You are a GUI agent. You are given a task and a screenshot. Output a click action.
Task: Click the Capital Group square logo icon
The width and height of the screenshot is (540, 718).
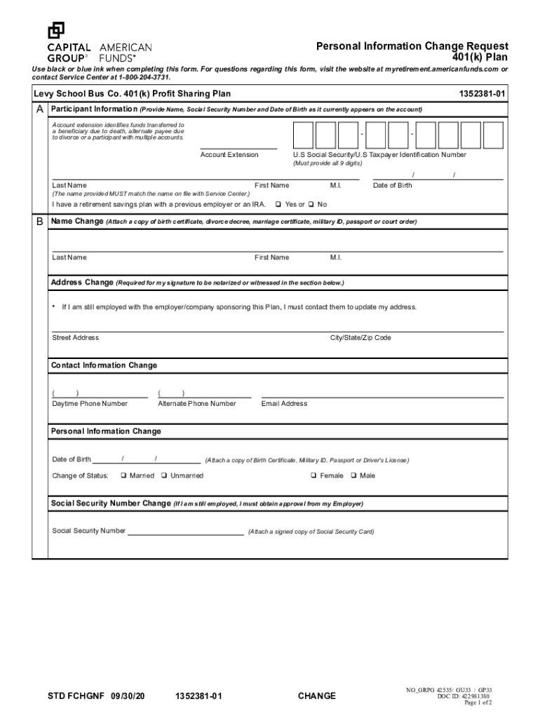(56, 30)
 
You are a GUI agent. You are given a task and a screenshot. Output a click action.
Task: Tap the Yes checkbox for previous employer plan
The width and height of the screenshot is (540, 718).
(278, 205)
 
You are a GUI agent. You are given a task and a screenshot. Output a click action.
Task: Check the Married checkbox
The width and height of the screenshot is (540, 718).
(123, 475)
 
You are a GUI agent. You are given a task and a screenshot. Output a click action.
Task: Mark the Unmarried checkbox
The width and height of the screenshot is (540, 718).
(163, 475)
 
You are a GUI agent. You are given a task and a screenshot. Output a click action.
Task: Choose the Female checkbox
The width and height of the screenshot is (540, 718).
(313, 475)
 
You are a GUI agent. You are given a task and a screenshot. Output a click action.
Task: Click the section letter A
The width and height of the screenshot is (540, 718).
(40, 110)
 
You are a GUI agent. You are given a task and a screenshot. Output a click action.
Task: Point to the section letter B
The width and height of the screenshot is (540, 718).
(40, 222)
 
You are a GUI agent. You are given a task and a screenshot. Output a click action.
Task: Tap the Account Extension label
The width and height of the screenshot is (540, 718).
(229, 155)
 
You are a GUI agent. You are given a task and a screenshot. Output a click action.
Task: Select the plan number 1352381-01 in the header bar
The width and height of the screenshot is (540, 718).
(482, 94)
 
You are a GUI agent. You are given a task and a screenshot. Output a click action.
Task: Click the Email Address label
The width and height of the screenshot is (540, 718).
(284, 404)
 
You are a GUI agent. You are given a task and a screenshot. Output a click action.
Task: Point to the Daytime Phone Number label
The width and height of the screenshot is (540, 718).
(90, 404)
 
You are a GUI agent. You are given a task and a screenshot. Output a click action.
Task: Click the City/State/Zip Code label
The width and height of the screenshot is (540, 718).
(360, 338)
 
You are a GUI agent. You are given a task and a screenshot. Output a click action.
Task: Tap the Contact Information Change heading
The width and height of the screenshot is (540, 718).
(104, 365)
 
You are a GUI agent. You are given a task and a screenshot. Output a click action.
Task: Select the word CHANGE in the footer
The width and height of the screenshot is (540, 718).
(316, 696)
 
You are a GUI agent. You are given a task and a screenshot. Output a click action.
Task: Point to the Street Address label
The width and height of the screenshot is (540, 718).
(75, 338)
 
